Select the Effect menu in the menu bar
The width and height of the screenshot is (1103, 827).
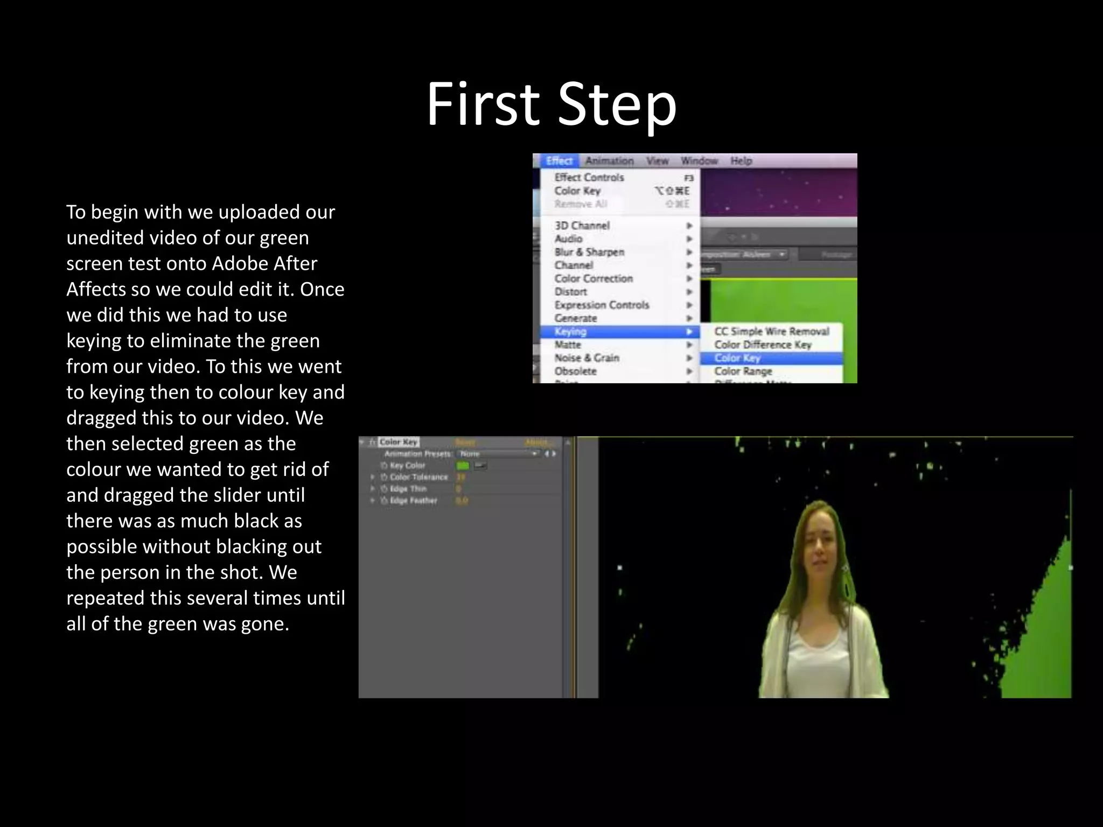point(559,160)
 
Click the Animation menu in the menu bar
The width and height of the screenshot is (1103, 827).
point(609,160)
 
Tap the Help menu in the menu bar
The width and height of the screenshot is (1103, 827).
point(741,160)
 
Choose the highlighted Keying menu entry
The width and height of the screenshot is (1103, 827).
point(571,332)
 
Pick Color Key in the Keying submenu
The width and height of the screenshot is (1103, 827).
point(737,358)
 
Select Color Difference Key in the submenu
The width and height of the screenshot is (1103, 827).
point(763,345)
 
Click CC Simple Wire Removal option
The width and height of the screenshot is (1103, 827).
point(771,331)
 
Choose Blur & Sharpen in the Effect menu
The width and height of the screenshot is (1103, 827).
point(589,252)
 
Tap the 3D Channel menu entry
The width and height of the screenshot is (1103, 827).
point(582,226)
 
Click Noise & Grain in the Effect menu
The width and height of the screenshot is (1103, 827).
point(587,358)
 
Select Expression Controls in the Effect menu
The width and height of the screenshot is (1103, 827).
point(602,305)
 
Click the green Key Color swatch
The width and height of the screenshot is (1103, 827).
point(463,466)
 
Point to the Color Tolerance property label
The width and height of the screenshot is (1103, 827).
point(418,477)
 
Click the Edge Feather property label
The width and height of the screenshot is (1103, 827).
point(413,501)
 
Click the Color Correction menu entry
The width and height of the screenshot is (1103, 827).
point(594,278)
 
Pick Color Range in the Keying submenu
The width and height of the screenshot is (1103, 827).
point(743,371)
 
